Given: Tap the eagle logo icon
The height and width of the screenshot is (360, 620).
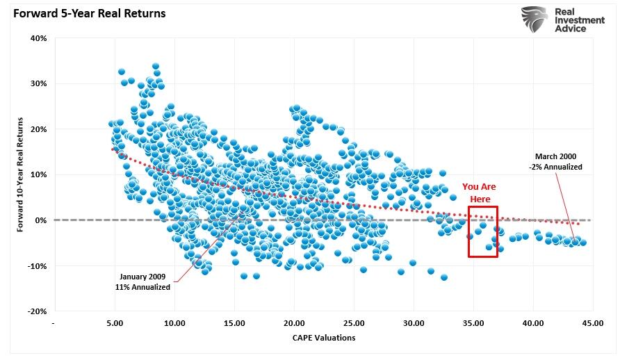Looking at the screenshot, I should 534,21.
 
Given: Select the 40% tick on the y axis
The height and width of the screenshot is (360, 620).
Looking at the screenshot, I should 38,38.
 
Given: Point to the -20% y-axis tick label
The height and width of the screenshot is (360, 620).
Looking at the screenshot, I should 37,311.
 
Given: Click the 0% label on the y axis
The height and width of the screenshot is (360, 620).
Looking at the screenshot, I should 41,220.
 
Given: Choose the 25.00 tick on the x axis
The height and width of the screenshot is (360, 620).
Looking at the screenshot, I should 354,323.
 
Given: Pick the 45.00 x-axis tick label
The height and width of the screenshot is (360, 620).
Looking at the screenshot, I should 592,323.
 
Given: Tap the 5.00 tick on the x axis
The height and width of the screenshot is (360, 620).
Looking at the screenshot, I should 115,323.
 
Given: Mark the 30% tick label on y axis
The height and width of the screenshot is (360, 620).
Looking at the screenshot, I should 38,83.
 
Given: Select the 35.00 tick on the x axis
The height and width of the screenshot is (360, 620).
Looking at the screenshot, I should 473,323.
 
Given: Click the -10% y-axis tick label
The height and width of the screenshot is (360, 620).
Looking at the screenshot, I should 37,266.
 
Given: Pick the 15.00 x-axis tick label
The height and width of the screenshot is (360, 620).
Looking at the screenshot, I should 234,323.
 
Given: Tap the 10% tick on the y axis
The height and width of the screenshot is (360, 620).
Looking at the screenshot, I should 38,174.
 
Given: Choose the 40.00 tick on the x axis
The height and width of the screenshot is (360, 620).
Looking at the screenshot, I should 533,323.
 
